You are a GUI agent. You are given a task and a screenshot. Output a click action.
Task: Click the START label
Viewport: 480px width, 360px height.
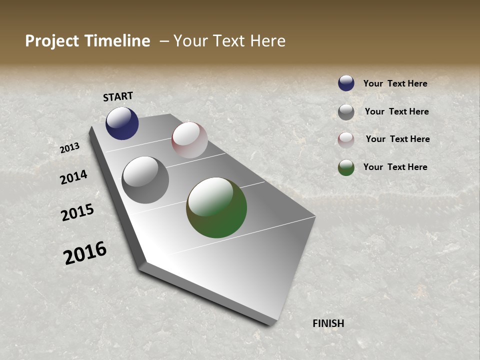pos(118,96)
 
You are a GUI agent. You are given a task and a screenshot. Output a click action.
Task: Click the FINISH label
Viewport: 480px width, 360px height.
pos(328,323)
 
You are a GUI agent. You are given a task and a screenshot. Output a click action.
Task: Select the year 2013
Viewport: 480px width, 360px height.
pos(70,148)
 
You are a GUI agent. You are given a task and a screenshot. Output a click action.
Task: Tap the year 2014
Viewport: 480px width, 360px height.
pos(74,177)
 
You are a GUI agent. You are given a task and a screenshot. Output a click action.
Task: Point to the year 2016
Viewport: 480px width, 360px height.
pos(85,253)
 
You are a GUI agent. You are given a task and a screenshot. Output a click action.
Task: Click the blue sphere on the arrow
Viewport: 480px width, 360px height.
pos(122,123)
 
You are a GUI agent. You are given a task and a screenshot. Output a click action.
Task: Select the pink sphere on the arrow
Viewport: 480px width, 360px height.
pos(189,140)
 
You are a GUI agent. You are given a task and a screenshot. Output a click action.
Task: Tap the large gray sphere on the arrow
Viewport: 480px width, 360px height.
pos(145,180)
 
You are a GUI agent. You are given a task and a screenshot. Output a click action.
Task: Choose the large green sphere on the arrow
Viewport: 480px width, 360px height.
pos(216,207)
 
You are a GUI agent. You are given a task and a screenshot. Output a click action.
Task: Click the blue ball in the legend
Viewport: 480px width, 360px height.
pos(346,83)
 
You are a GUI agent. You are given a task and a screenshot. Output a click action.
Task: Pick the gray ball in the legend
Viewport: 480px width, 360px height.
pos(346,112)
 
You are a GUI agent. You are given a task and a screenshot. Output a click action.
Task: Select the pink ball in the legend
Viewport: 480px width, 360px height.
pos(346,140)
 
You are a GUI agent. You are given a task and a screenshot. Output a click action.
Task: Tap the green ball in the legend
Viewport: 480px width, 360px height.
pos(346,167)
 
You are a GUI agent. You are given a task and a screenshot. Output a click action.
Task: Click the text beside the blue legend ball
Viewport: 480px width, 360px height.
pos(395,83)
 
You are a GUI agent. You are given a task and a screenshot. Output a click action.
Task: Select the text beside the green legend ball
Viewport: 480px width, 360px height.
pos(395,167)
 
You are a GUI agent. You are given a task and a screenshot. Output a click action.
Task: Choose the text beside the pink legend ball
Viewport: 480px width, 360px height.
pos(397,139)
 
